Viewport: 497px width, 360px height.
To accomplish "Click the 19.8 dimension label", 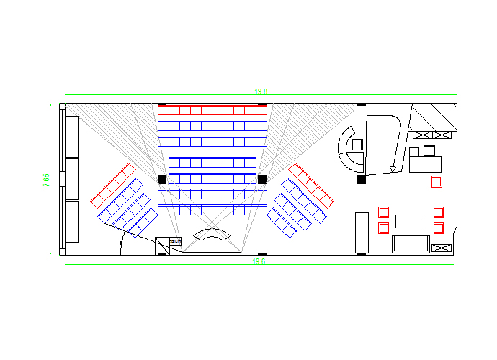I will [260, 91].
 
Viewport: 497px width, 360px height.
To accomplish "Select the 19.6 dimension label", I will [259, 261].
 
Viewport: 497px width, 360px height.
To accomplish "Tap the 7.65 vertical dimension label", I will [46, 180].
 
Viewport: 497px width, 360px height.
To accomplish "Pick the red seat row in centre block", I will [212, 110].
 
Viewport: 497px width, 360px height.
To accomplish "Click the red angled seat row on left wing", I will [113, 184].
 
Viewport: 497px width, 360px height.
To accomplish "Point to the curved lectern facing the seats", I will [212, 235].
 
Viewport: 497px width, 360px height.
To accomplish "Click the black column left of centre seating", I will [162, 179].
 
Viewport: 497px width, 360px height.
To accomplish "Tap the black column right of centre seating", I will [262, 179].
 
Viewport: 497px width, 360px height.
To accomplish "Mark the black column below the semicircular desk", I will [362, 179].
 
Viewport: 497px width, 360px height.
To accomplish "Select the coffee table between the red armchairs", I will [411, 221].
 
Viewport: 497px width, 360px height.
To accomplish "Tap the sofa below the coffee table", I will [410, 244].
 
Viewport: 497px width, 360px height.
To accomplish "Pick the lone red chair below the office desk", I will [436, 181].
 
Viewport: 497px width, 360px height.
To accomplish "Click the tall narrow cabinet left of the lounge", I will [362, 233].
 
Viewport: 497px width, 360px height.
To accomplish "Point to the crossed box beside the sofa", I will [441, 248].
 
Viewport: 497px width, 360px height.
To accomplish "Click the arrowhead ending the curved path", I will [393, 170].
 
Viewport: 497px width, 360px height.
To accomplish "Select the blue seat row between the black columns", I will [212, 178].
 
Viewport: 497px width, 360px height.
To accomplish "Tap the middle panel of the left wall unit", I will [72, 179].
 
